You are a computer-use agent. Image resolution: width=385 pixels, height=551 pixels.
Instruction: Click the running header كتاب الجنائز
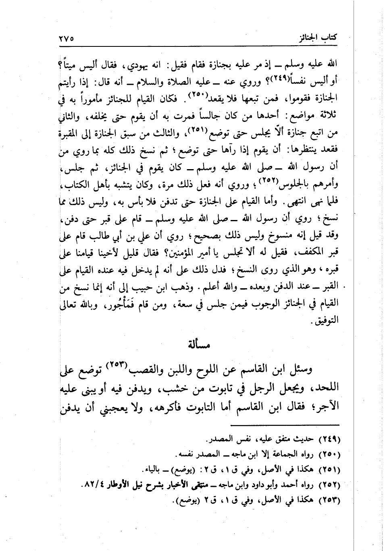pyautogui.click(x=318, y=39)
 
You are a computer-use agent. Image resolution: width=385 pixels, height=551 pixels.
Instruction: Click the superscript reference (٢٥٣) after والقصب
pyautogui.click(x=117, y=366)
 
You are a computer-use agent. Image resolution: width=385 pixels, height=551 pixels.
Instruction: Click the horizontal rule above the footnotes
pyautogui.click(x=286, y=424)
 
